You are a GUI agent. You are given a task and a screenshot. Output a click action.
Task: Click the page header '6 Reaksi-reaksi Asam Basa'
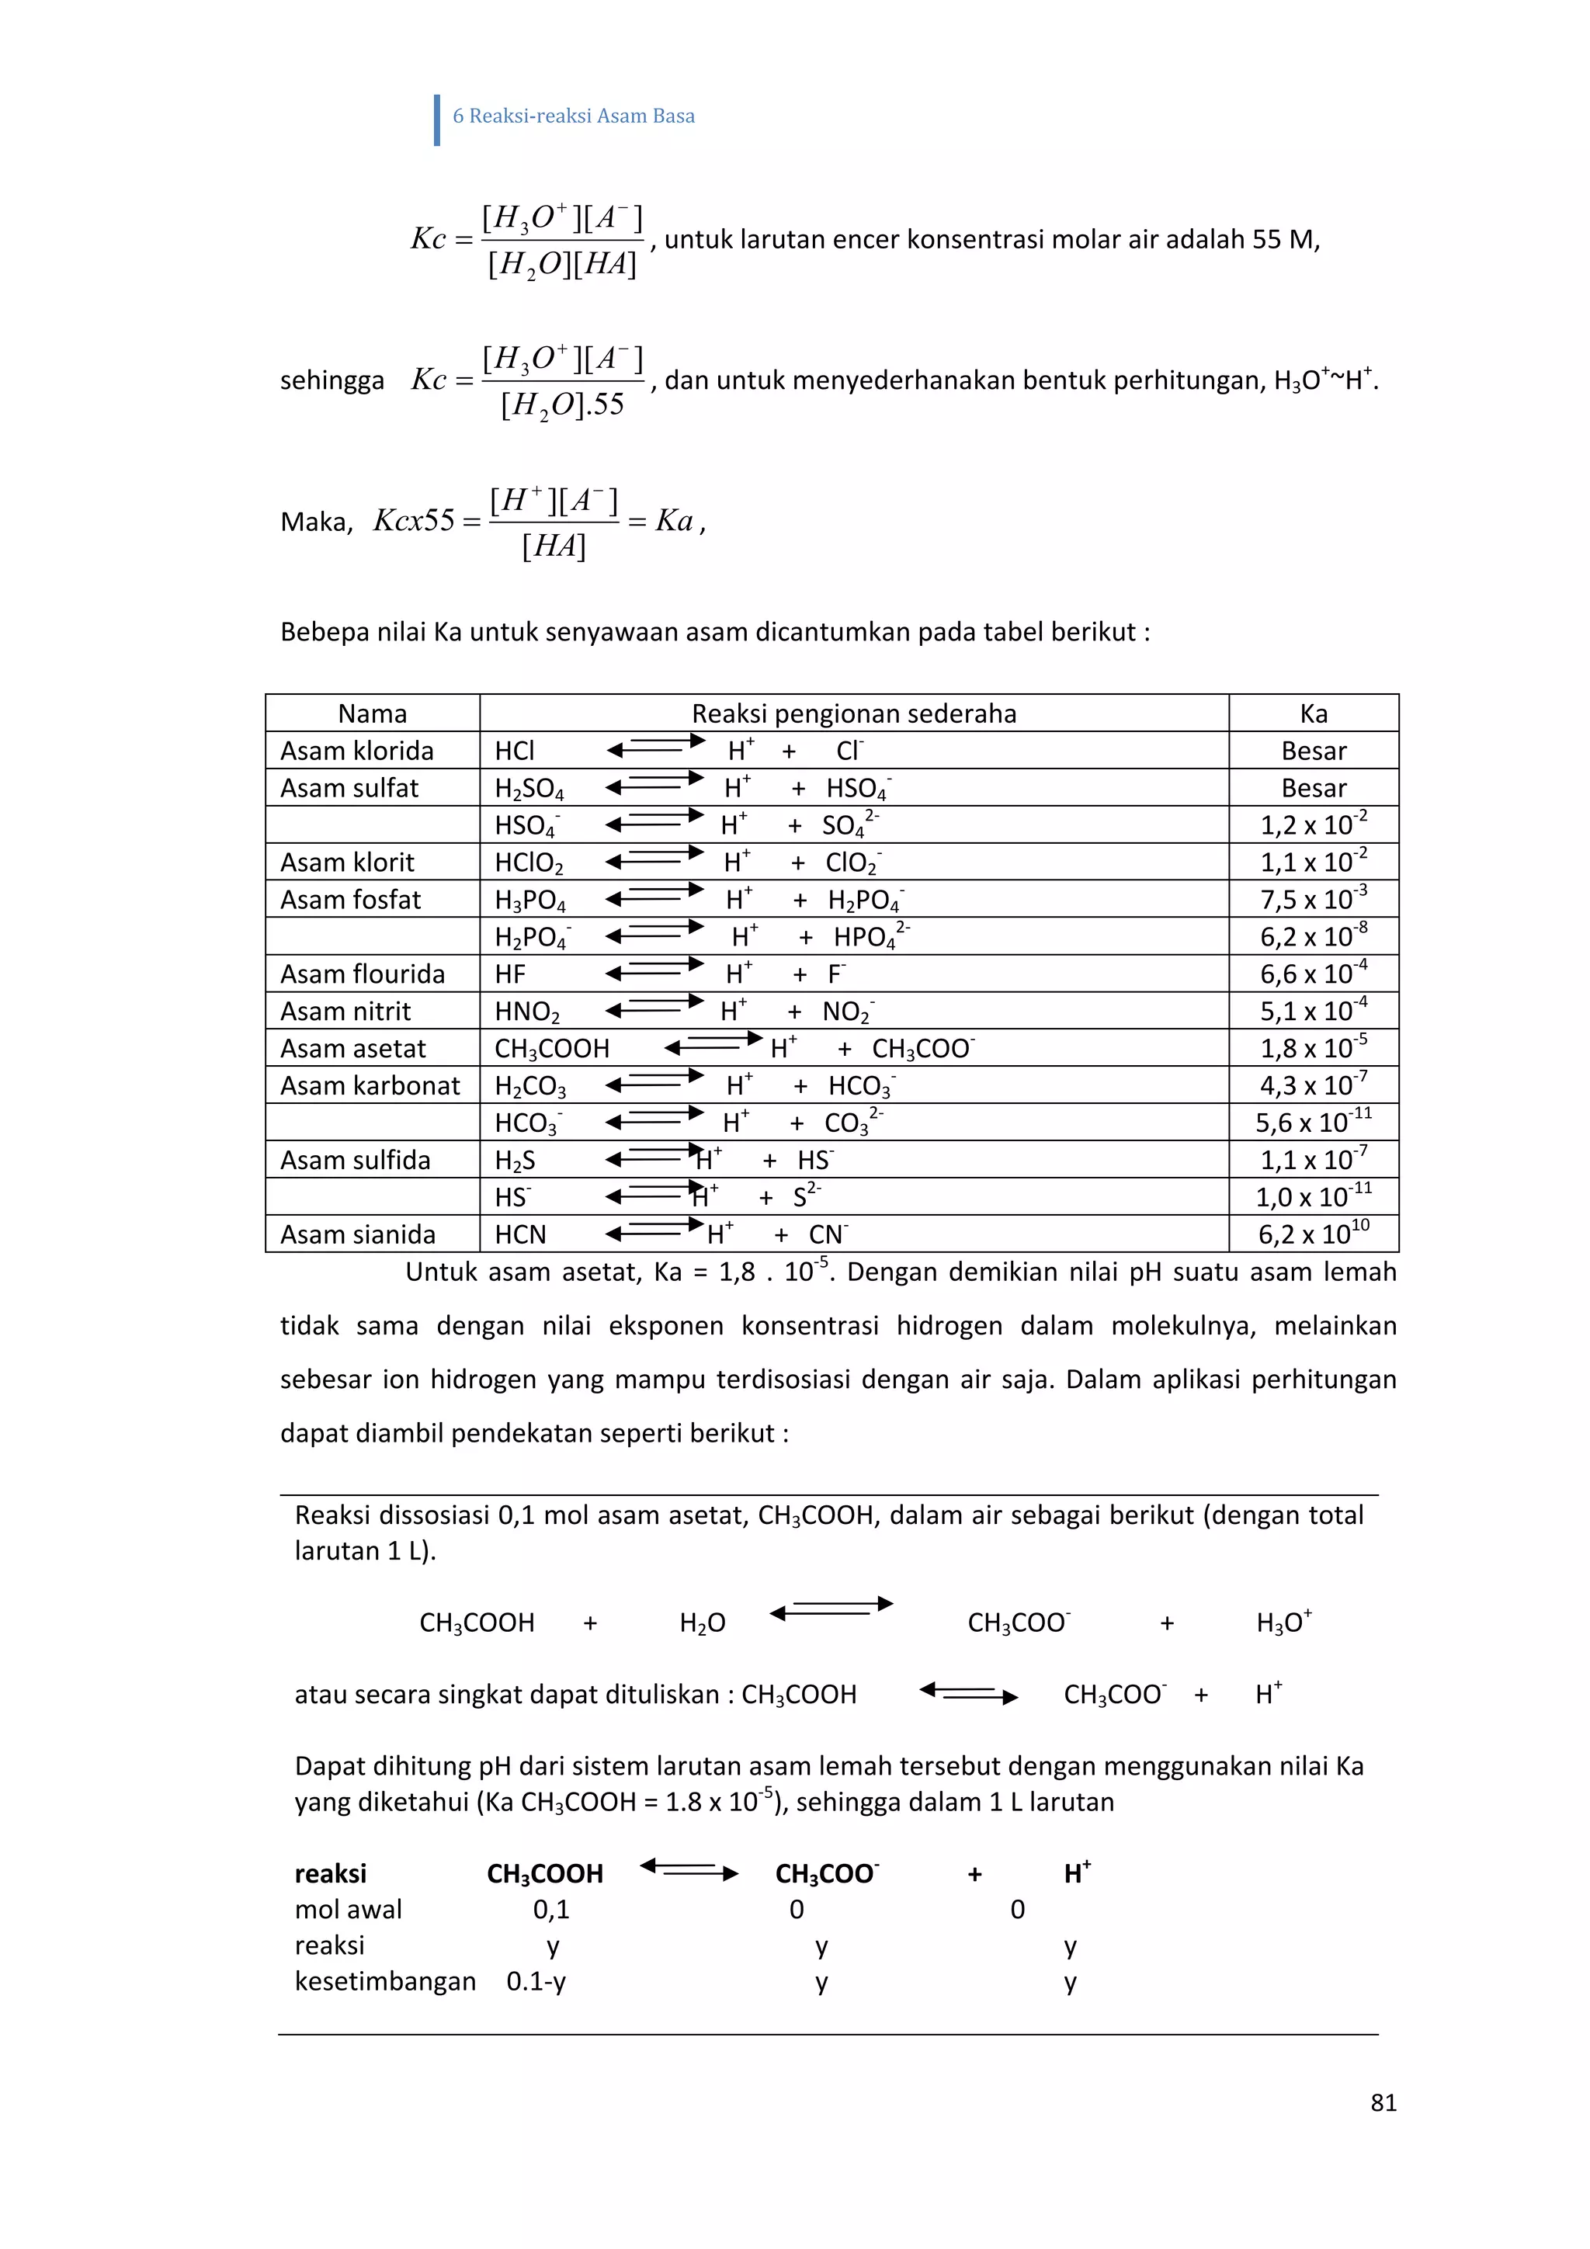click(573, 116)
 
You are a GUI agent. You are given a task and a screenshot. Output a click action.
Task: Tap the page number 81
click(1382, 2103)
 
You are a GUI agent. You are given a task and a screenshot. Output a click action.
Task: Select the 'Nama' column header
click(373, 713)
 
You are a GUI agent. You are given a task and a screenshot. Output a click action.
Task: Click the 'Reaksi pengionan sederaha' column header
click(853, 713)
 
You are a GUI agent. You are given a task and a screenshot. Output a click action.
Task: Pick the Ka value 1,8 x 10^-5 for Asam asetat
click(1313, 1048)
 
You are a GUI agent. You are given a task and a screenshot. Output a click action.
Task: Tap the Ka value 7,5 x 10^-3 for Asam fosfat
click(1313, 899)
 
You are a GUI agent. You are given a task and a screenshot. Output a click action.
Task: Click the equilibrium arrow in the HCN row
click(654, 1230)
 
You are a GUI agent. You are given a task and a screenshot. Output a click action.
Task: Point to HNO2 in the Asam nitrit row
click(527, 1012)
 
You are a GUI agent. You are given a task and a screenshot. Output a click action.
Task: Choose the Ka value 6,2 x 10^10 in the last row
click(1313, 1234)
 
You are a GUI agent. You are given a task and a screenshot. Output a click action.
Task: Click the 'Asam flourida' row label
click(363, 974)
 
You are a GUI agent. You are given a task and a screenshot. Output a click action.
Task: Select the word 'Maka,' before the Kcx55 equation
click(315, 522)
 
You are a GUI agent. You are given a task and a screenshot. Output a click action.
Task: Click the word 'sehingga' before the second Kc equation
click(332, 380)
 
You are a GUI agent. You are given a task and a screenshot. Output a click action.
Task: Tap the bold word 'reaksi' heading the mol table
click(330, 1874)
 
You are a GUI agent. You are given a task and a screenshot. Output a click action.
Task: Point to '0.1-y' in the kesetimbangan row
click(536, 1982)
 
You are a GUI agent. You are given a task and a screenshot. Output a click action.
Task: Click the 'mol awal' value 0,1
click(550, 1909)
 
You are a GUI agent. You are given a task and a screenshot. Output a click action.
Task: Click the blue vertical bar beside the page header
click(437, 120)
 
